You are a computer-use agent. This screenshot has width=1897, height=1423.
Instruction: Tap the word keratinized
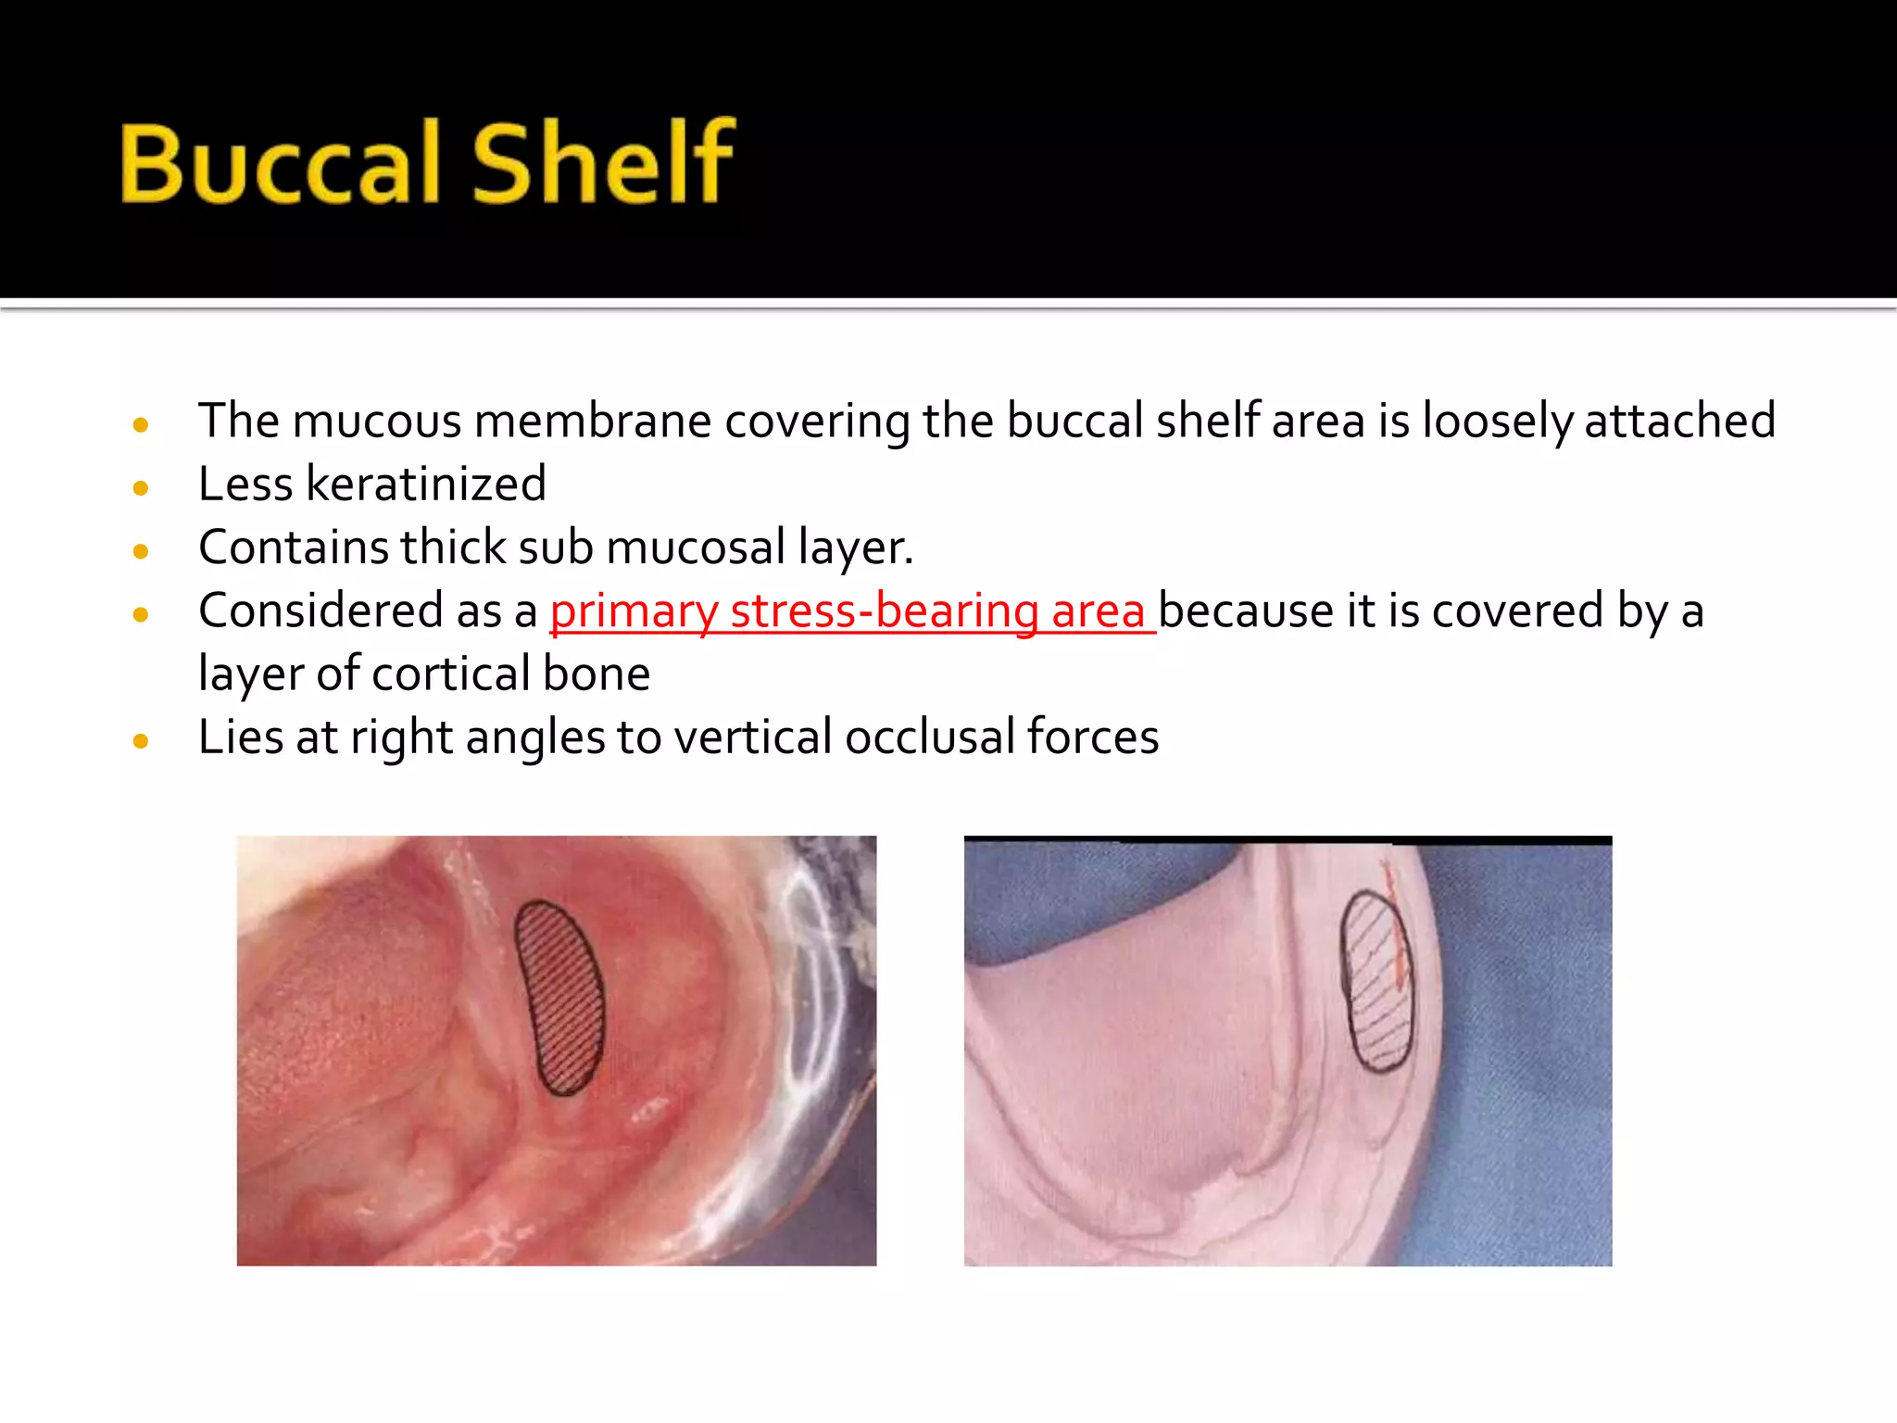click(x=426, y=484)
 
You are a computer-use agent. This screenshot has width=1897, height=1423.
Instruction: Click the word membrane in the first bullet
click(x=593, y=421)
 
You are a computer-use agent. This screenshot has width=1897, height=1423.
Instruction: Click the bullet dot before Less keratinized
click(x=141, y=488)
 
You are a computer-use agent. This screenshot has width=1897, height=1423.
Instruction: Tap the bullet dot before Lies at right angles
click(x=141, y=741)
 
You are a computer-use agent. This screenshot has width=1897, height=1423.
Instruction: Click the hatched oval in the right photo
click(x=1376, y=982)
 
